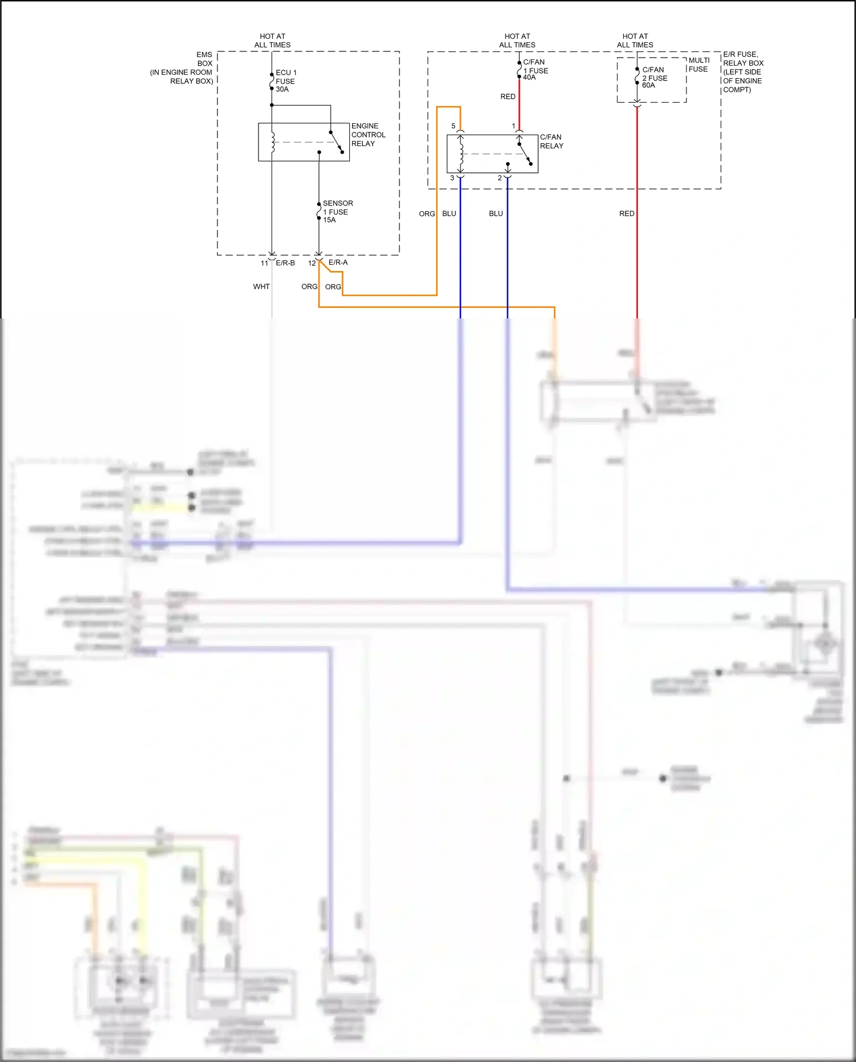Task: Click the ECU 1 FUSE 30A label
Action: [285, 81]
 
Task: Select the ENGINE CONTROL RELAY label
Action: [368, 135]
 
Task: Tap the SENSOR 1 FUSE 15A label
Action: [337, 211]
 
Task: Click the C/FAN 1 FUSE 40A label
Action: [535, 70]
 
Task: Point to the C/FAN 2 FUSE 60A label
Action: [654, 78]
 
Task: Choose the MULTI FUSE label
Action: [698, 64]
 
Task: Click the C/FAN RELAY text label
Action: [551, 142]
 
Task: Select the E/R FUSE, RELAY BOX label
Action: [742, 71]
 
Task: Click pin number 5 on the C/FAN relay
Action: [454, 126]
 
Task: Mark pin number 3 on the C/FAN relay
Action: [453, 178]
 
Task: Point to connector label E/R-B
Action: [285, 263]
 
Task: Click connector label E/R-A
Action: [338, 263]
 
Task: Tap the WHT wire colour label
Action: [261, 286]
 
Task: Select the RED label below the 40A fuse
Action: [508, 96]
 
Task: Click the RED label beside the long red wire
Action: [627, 213]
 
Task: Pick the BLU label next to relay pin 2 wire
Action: [496, 213]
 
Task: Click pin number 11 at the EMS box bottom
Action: [264, 263]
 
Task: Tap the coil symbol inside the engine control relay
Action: [273, 143]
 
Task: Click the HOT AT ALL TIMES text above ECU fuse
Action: [272, 41]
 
